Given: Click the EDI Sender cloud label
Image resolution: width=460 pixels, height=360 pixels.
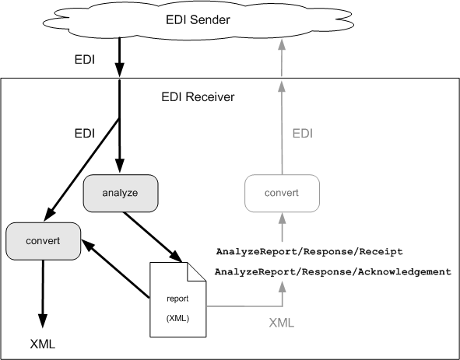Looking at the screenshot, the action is [198, 20].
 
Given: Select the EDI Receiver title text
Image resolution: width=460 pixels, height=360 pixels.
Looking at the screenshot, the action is [198, 96].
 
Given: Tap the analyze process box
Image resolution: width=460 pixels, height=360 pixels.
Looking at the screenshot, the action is [121, 193].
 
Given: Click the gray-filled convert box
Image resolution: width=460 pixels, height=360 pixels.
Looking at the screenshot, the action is [43, 241].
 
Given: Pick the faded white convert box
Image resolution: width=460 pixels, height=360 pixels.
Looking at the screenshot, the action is [282, 193].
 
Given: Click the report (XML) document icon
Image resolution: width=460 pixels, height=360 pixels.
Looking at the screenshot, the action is [177, 299].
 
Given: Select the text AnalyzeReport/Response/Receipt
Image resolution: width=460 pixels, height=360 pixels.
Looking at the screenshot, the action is [310, 251].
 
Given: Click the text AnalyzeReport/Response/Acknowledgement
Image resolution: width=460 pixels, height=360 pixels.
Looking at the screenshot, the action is [333, 272].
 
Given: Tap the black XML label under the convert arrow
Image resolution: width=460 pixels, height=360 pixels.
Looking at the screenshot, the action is [43, 344].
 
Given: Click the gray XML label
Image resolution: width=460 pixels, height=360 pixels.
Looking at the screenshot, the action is [282, 323].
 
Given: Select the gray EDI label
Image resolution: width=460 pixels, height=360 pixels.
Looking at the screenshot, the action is [303, 134].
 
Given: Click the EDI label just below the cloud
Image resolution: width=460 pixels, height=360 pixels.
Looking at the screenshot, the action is [85, 60].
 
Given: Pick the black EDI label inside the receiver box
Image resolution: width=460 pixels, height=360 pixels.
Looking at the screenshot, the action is [85, 134].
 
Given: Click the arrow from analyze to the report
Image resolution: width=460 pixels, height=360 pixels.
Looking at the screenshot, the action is [153, 237].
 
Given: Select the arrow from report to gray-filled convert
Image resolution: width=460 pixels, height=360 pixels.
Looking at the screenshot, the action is [116, 269].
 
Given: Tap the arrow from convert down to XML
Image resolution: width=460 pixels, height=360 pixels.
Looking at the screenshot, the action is [43, 294].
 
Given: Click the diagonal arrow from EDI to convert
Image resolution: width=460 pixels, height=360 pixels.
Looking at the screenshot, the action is [81, 170].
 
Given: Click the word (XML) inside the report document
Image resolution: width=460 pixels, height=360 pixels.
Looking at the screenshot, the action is [177, 318].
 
